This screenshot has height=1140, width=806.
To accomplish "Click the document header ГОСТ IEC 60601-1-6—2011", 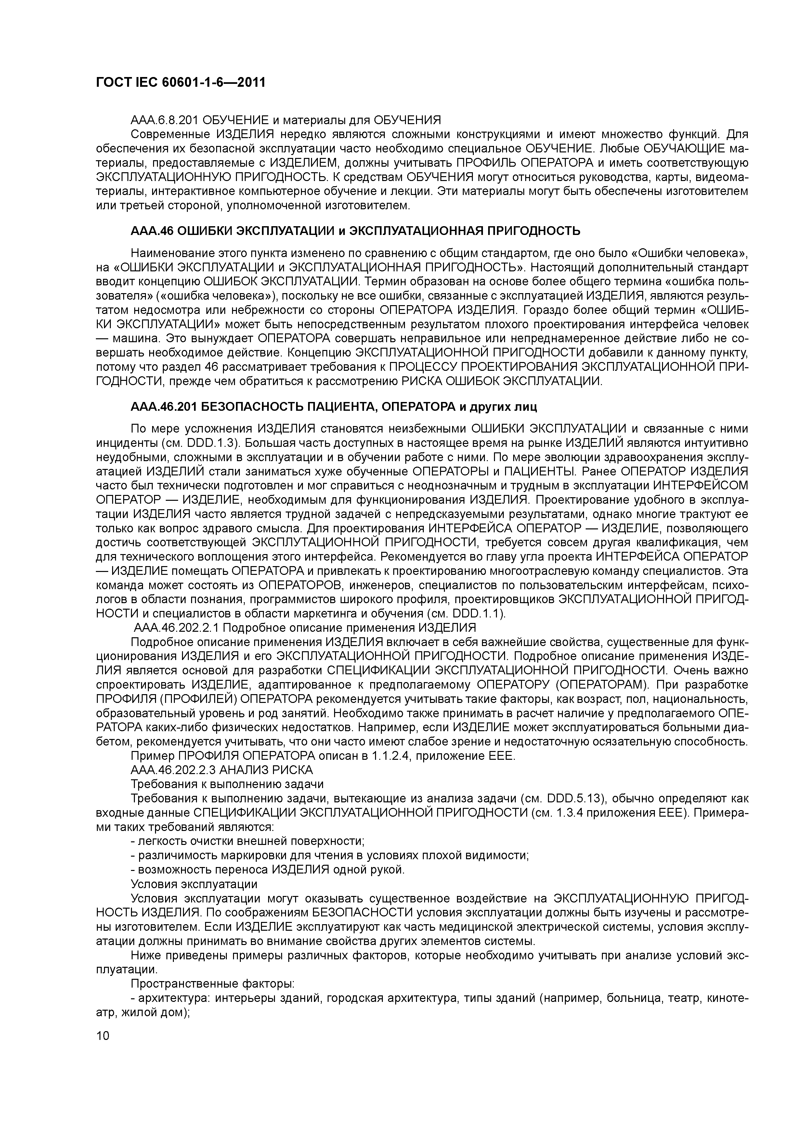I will click(x=180, y=83).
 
